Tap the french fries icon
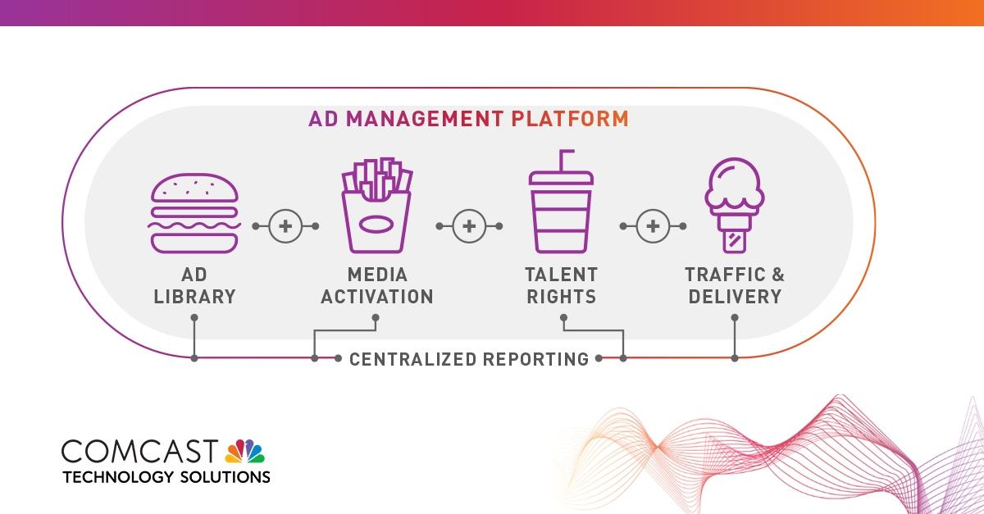pos(376,208)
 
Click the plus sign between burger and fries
pos(285,225)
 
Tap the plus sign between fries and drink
pos(468,225)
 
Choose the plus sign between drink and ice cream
pos(653,225)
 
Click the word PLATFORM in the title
pos(570,119)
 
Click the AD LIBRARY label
pos(194,285)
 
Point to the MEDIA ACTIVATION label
pos(376,285)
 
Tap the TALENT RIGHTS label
pos(562,285)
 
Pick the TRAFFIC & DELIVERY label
pos(735,285)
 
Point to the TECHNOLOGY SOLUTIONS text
pos(166,476)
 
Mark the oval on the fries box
pos(376,225)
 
